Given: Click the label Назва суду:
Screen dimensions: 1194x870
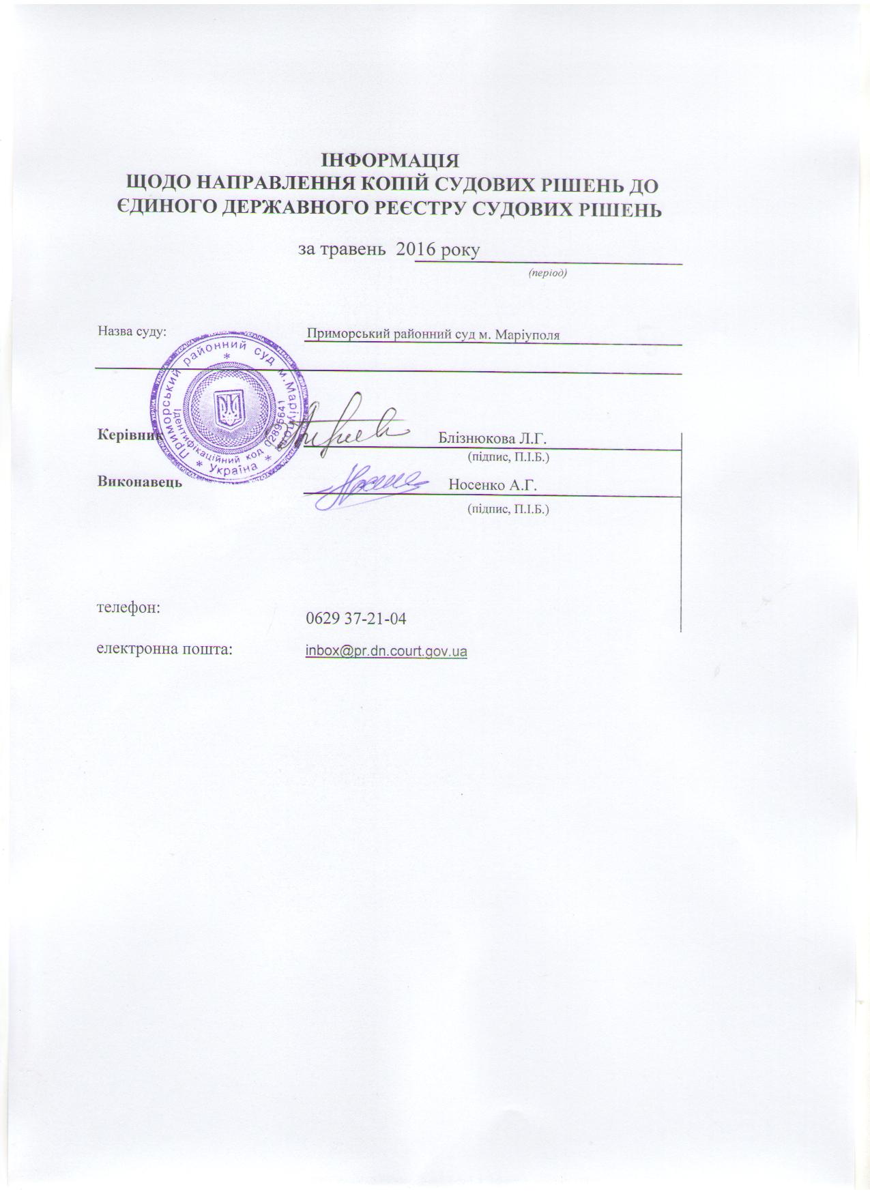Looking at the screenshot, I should tap(132, 332).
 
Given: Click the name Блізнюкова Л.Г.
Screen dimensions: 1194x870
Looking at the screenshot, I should tap(493, 437).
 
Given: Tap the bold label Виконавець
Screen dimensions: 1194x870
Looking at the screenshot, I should tap(140, 482).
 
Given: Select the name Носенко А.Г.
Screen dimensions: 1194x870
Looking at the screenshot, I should tap(493, 485).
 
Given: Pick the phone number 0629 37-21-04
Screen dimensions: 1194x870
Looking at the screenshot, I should tap(357, 619).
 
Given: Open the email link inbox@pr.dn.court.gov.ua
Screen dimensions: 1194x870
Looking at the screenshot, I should tap(386, 652).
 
